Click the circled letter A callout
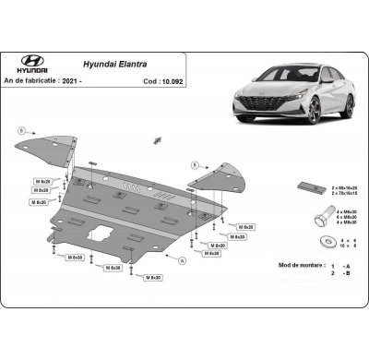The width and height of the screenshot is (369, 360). click(182, 261)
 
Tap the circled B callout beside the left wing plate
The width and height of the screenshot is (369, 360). click(21, 130)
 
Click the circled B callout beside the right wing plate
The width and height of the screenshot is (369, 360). click(196, 165)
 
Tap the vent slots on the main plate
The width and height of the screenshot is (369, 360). click(137, 187)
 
